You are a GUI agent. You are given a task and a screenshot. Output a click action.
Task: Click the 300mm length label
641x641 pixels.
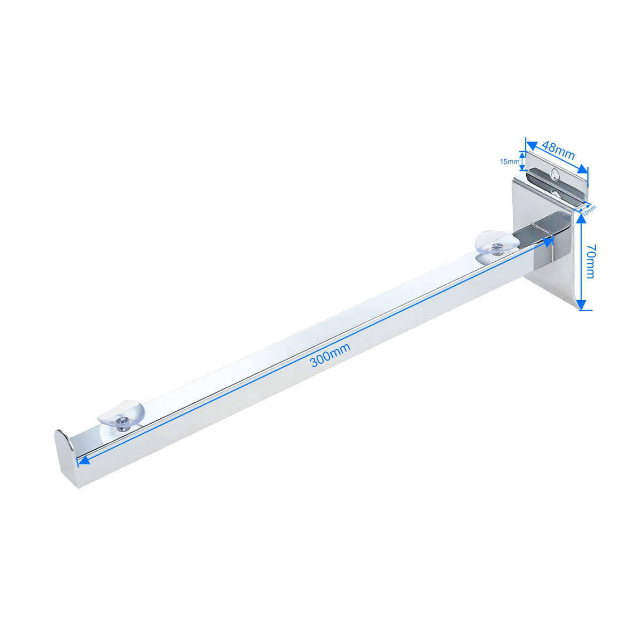pyautogui.click(x=330, y=355)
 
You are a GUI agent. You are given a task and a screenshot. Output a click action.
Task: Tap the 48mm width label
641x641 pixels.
pyautogui.click(x=558, y=150)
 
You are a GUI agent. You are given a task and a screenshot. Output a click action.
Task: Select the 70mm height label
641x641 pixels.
pyautogui.click(x=591, y=261)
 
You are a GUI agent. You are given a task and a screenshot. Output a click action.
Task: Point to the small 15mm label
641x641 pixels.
pyautogui.click(x=509, y=162)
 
